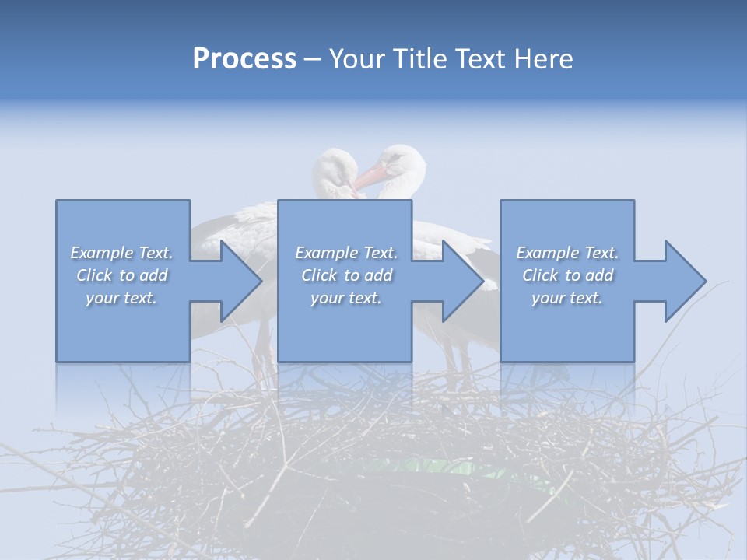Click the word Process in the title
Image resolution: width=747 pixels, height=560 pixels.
point(244,59)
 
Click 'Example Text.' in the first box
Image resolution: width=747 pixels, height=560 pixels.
point(122,253)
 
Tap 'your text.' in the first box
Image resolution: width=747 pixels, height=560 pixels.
point(122,298)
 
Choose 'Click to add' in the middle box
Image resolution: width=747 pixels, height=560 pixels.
point(346,275)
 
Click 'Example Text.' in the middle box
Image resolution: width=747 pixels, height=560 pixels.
point(346,253)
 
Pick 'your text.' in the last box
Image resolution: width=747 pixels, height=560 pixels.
point(567,298)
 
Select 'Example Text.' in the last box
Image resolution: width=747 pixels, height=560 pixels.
point(567,253)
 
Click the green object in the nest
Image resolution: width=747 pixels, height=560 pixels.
point(451,469)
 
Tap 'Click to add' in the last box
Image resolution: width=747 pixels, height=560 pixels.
point(567,275)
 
